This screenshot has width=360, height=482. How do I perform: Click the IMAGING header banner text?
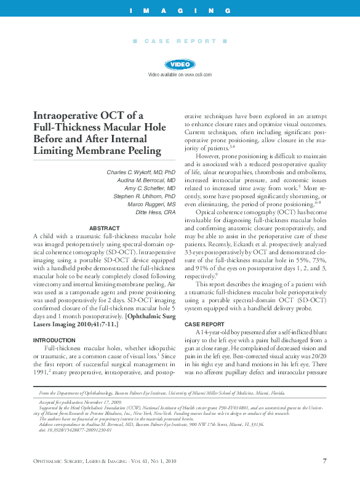pyautogui.click(x=180, y=11)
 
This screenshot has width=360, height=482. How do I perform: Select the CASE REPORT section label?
pyautogui.click(x=180, y=41)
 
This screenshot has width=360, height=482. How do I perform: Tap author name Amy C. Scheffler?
pyautogui.click(x=142, y=187)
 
